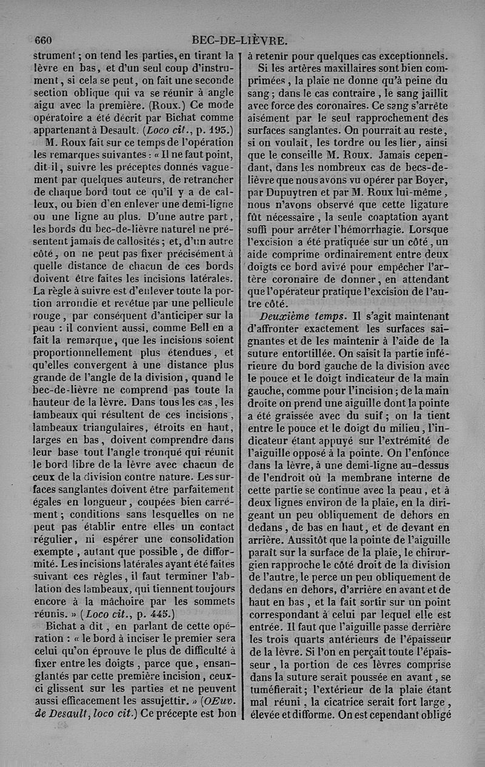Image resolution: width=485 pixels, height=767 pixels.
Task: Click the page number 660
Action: coord(43,41)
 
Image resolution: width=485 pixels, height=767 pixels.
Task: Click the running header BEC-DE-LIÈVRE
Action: coord(239,41)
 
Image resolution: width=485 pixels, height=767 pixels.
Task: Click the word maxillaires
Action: coord(336,67)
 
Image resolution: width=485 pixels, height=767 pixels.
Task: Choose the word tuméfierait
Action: coord(284,689)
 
